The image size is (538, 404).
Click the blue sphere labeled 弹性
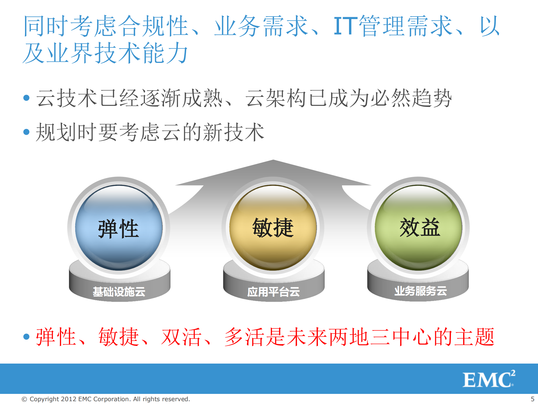(119, 227)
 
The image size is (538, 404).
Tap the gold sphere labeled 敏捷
(273, 227)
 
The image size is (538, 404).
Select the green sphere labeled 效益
(419, 227)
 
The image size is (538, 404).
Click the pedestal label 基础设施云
(119, 292)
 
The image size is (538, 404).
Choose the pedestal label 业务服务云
(420, 291)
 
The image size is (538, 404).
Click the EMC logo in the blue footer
(489, 379)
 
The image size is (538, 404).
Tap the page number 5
(532, 399)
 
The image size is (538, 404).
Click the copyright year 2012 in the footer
(69, 399)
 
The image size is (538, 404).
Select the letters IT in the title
(345, 26)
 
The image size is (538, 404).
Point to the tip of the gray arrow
(273, 161)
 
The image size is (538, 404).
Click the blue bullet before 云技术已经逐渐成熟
(27, 98)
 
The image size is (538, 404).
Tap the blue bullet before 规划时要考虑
(27, 132)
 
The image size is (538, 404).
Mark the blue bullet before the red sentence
(27, 337)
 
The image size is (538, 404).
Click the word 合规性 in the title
(153, 26)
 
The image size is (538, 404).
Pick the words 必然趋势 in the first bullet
(411, 98)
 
